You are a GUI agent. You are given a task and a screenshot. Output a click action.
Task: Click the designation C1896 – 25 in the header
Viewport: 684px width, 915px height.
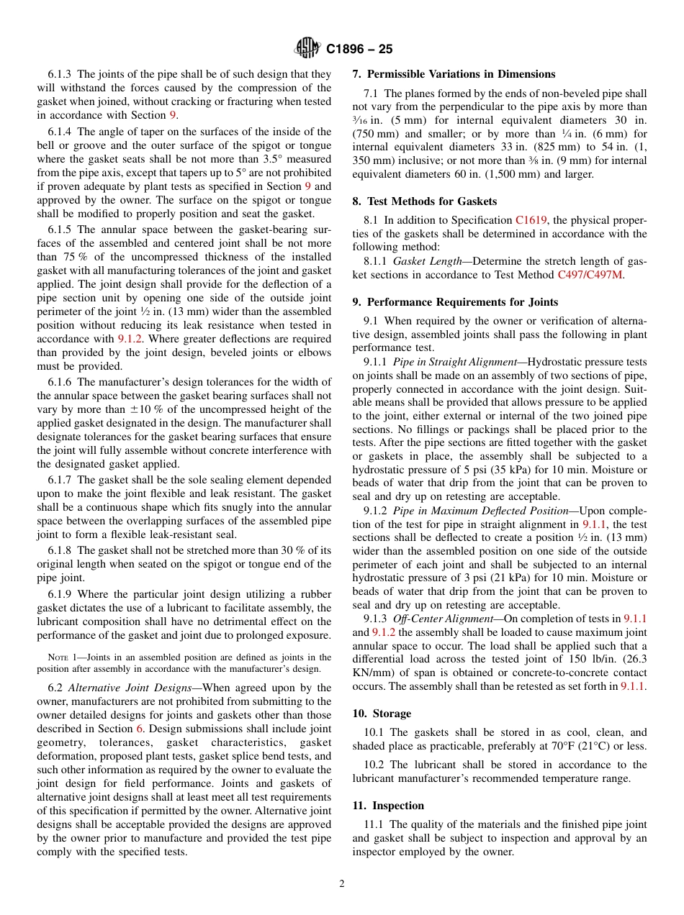[359, 50]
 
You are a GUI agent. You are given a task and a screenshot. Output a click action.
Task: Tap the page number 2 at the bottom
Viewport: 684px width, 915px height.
[342, 884]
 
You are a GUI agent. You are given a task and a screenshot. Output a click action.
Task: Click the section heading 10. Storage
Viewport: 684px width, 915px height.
[382, 714]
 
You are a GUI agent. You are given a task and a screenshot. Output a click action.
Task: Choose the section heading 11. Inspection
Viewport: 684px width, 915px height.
[388, 806]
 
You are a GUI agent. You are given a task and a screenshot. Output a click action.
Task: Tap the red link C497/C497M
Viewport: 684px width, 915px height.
[590, 274]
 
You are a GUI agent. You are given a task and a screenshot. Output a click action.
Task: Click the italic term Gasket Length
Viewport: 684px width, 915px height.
[427, 261]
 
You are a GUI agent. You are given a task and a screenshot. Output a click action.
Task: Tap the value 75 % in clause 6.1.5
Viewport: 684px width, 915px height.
[71, 257]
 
